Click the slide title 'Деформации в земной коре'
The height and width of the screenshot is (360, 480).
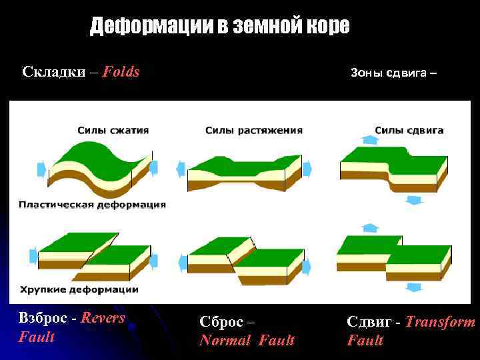(219, 26)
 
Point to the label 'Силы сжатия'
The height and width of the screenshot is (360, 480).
(113, 130)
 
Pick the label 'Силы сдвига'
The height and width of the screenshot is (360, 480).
(409, 130)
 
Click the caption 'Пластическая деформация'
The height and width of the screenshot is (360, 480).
(93, 204)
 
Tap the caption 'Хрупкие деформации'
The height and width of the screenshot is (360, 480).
(79, 289)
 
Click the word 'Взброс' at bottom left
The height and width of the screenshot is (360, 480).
(43, 318)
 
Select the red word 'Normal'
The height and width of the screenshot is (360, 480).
(224, 341)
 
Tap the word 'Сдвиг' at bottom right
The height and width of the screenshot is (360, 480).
(367, 322)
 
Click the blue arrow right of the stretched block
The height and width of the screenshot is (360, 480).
(308, 169)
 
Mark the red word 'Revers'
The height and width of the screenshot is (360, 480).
(103, 318)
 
